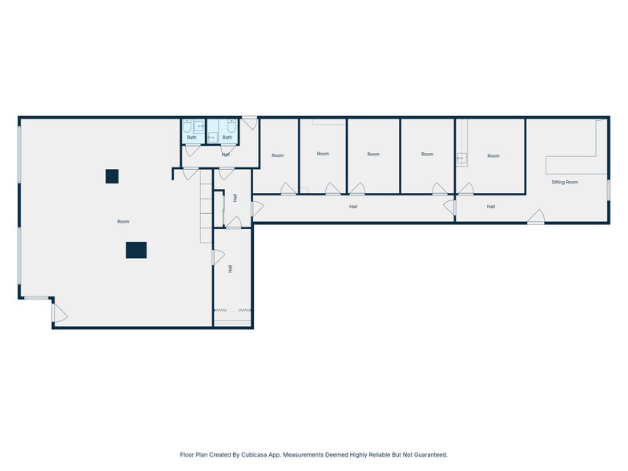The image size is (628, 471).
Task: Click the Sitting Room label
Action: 564,183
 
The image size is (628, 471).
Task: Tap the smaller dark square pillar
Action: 112,176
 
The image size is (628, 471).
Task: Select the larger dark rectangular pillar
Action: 136,250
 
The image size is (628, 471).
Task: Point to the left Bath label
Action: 192,138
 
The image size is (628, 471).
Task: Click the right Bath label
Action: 227,138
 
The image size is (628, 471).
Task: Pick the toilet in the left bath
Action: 187,127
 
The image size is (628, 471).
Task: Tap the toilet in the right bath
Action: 231,127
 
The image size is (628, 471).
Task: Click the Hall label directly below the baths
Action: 226,155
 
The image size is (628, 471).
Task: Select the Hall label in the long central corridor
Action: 352,207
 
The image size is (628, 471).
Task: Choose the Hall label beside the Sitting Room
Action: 490,207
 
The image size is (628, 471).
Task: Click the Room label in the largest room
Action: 123,221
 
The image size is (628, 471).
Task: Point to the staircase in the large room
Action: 206,206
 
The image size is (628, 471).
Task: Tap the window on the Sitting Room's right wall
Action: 608,190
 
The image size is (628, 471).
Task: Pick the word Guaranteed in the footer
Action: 431,455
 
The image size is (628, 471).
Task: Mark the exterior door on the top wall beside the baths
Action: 250,123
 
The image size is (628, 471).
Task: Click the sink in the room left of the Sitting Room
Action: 461,158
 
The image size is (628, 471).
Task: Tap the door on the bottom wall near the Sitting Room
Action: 536,216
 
